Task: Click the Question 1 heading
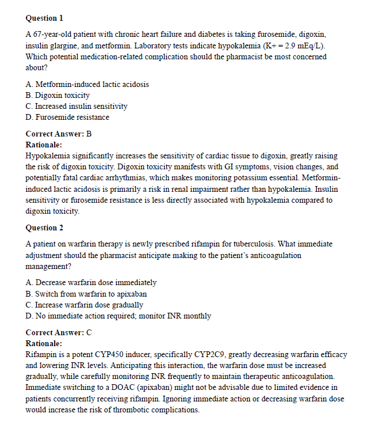pyautogui.click(x=44, y=18)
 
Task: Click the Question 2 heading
pyautogui.click(x=44, y=228)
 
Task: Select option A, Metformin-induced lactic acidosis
pyautogui.click(x=87, y=84)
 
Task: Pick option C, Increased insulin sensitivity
pyautogui.click(x=77, y=106)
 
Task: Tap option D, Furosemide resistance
pyautogui.click(x=67, y=117)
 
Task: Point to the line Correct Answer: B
pyautogui.click(x=59, y=134)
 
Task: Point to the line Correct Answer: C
pyautogui.click(x=59, y=332)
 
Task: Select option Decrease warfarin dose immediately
pyautogui.click(x=91, y=283)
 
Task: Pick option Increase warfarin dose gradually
pyautogui.click(x=85, y=305)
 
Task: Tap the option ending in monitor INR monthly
pyautogui.click(x=118, y=316)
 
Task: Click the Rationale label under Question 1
pyautogui.click(x=44, y=145)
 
